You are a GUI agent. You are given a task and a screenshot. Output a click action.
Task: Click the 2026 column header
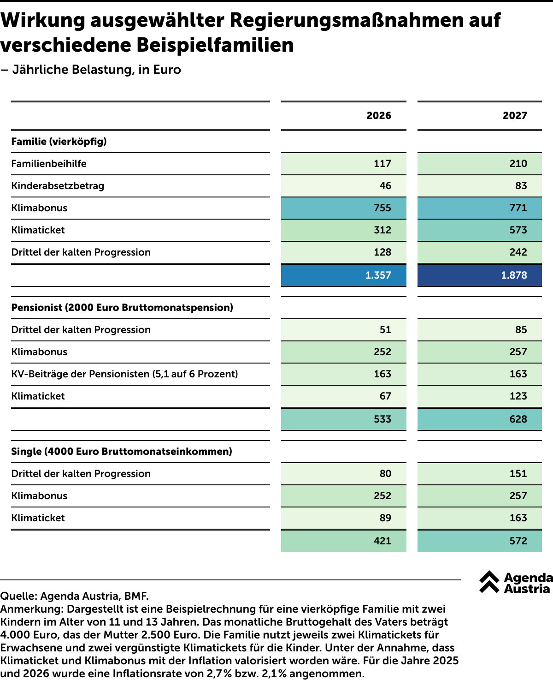378,116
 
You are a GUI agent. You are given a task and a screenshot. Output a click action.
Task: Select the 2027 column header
515,116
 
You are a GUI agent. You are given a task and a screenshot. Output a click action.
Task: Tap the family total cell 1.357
343,275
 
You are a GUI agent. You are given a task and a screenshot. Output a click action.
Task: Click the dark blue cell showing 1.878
479,275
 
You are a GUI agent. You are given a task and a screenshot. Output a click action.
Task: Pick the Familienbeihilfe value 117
343,164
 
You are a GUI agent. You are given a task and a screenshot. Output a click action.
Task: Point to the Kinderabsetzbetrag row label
58,186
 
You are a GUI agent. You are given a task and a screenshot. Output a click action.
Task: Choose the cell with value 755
343,208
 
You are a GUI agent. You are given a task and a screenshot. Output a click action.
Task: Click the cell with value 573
479,230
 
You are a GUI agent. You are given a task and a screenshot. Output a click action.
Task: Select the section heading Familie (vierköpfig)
59,142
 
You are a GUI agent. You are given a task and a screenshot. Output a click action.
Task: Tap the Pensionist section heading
122,307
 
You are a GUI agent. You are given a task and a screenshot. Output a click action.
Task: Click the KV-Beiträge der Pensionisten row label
125,374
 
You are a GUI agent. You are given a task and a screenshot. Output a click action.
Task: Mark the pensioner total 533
343,419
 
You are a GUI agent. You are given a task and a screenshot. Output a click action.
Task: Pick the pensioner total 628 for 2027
479,419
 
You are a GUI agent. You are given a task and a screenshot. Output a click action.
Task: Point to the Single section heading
122,452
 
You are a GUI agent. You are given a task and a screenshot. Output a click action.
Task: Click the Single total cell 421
343,541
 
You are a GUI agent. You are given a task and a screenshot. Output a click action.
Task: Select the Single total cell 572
479,541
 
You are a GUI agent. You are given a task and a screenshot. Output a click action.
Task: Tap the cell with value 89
343,518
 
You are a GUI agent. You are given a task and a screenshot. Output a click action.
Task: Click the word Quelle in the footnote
19,596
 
